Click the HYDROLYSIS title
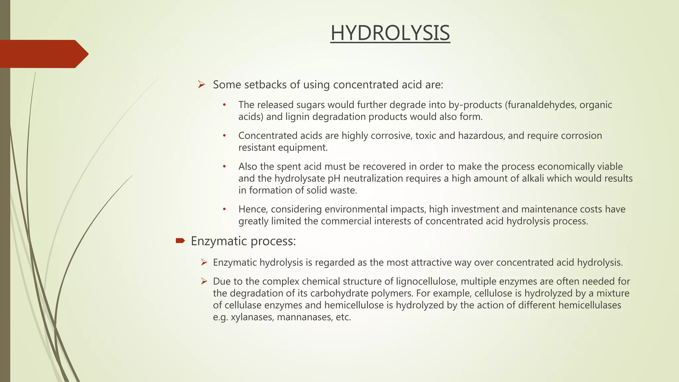coord(390,33)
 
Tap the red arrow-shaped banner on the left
coord(43,54)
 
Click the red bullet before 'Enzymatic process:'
coord(180,241)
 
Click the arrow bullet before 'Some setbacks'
coord(202,85)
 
